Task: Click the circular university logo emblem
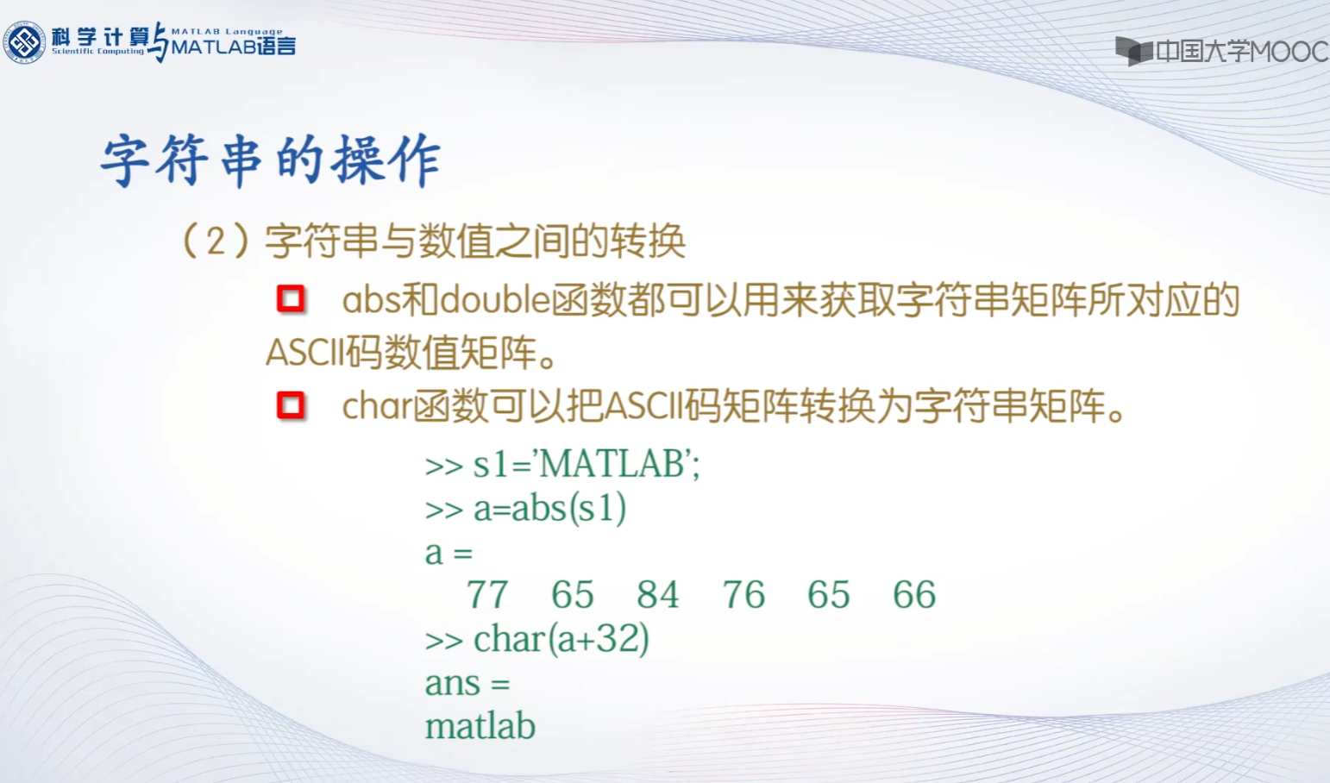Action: click(x=24, y=41)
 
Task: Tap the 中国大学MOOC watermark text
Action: click(x=1242, y=52)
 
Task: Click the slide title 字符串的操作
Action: click(x=271, y=160)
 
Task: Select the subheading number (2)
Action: click(x=216, y=241)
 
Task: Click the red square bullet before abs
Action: click(x=291, y=298)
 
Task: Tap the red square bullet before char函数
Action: click(x=291, y=405)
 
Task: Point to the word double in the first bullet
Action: click(x=495, y=300)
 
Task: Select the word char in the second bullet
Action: click(x=378, y=407)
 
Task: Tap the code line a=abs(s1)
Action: click(x=549, y=509)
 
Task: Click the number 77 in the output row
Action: click(x=487, y=594)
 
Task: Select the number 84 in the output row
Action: click(x=658, y=594)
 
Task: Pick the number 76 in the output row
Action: click(x=743, y=594)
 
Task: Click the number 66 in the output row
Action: click(x=914, y=594)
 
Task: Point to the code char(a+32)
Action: click(x=561, y=639)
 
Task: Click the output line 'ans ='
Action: click(x=467, y=683)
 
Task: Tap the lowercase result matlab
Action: click(x=480, y=726)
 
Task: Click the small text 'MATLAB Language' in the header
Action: click(x=228, y=31)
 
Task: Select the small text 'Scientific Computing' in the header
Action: click(x=98, y=52)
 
